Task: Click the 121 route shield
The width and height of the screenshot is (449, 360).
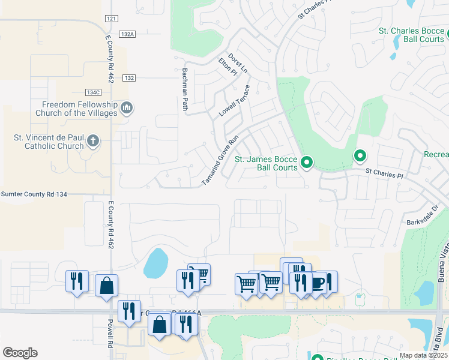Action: point(110,19)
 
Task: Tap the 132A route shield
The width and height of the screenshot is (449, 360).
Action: point(127,35)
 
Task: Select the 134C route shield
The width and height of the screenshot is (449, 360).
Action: point(93,92)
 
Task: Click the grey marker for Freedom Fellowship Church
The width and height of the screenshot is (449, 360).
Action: point(127,108)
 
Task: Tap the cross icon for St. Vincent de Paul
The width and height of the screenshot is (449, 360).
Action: point(92,142)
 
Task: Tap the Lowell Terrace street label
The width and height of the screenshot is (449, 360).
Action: point(235,100)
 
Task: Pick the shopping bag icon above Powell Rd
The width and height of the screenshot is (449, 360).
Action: point(106,286)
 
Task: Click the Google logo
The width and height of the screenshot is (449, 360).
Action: point(20,353)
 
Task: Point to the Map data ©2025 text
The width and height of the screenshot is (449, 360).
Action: point(423,355)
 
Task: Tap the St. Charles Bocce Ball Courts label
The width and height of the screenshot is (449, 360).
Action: point(411,35)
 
